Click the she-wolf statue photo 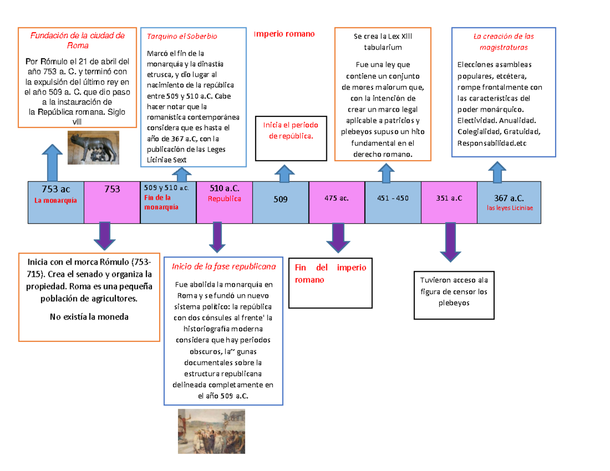[x=94, y=147]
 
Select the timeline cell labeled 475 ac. [x=337, y=199]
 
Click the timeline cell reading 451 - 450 [x=393, y=199]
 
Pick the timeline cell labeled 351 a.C [x=449, y=199]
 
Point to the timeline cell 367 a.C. [x=509, y=199]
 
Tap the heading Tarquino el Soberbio [x=182, y=37]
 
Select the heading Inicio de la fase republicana [x=224, y=266]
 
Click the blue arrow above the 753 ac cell [x=52, y=161]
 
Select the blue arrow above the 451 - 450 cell [x=385, y=174]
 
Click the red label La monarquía [x=56, y=201]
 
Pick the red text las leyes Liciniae [x=509, y=207]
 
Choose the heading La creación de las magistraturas [x=503, y=42]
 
